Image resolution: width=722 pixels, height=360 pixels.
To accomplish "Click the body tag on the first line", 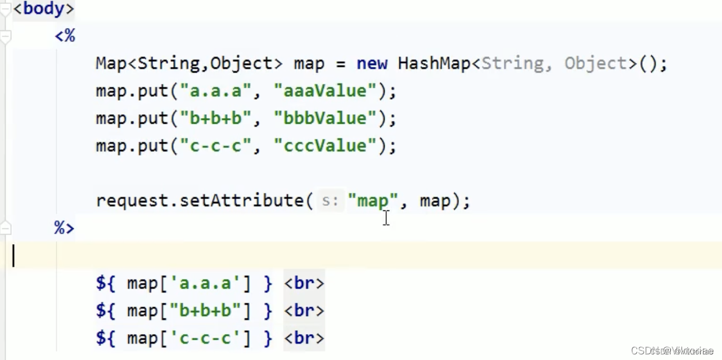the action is point(43,10).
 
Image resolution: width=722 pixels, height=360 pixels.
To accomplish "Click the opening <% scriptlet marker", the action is point(65,37).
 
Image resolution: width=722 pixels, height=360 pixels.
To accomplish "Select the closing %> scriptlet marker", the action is point(64,228).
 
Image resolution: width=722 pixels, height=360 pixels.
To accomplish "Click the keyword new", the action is point(372,64).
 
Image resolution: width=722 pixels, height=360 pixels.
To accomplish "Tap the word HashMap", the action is point(434,64).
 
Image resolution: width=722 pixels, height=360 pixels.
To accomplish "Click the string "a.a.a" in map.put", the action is point(216,91).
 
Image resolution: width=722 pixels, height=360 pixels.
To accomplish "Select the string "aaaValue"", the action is point(324,91).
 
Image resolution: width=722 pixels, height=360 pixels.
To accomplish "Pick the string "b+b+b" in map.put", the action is point(216,119).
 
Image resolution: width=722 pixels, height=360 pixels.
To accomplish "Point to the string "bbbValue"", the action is point(324,119).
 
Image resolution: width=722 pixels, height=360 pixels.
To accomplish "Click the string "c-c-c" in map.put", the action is point(216,146).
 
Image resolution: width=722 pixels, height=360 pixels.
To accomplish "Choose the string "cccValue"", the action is point(324,146).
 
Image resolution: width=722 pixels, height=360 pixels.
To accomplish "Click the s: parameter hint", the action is point(330,201).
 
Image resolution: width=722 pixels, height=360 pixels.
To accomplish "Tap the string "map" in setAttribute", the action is point(372,201).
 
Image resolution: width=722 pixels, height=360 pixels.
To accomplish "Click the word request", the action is point(133,201).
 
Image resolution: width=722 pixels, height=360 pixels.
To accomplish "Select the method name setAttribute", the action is point(242,201).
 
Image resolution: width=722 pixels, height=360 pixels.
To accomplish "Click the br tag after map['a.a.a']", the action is point(304,283).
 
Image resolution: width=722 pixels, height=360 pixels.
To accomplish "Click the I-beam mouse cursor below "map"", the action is point(386,218).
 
